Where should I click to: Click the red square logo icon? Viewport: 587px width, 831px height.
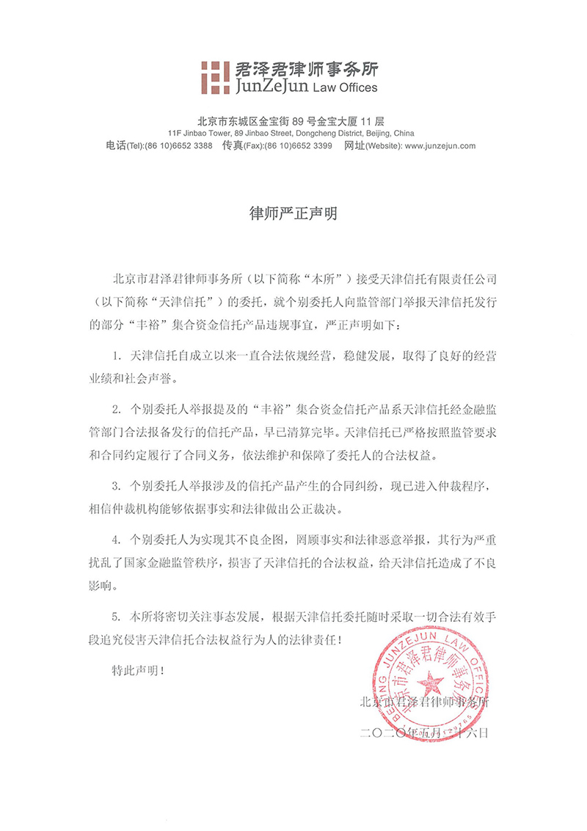216,76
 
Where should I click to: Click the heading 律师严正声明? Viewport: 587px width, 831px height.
293,215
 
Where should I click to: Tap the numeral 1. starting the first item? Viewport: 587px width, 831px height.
116,355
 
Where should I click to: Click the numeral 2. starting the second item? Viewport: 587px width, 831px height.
116,407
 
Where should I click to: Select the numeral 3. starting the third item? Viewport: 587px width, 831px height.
116,486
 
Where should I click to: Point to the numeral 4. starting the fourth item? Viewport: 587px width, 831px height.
116,537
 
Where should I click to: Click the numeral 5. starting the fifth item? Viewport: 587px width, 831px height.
116,615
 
